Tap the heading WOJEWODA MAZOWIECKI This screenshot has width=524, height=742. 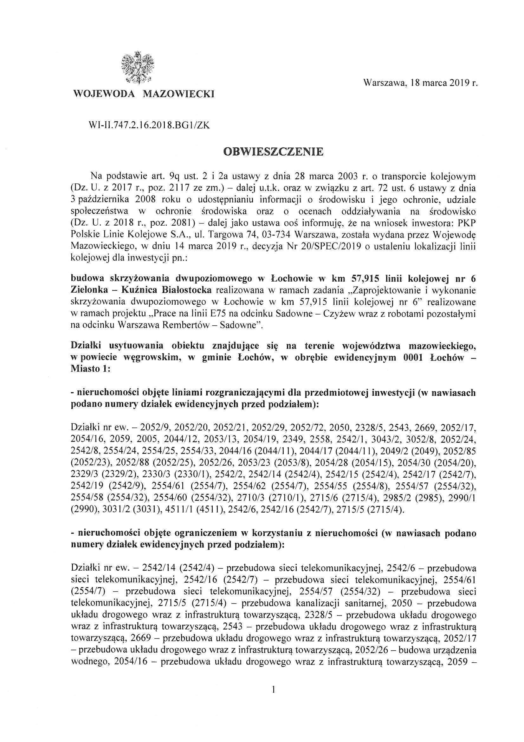point(144,94)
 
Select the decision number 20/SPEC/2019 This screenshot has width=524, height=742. point(329,246)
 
